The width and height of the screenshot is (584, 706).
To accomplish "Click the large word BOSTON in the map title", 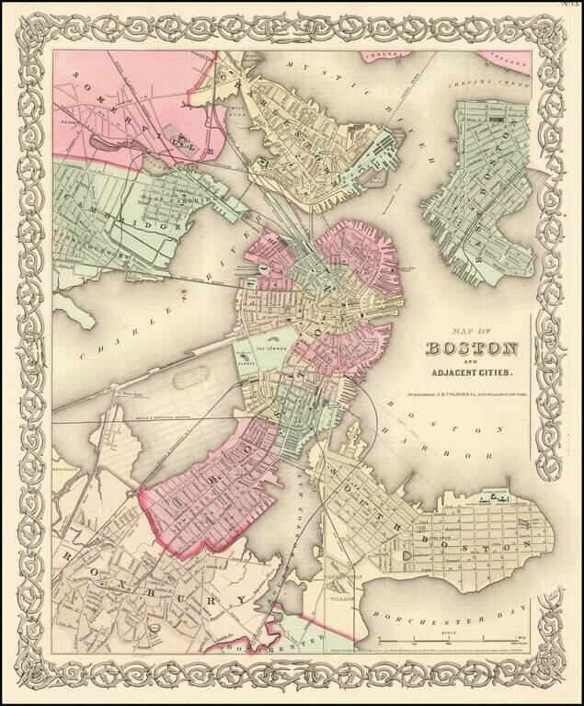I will [471, 349].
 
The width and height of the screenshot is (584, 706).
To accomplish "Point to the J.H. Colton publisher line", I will [471, 396].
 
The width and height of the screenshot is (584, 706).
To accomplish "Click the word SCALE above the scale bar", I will [448, 632].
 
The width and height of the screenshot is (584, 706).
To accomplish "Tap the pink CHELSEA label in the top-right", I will [510, 61].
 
